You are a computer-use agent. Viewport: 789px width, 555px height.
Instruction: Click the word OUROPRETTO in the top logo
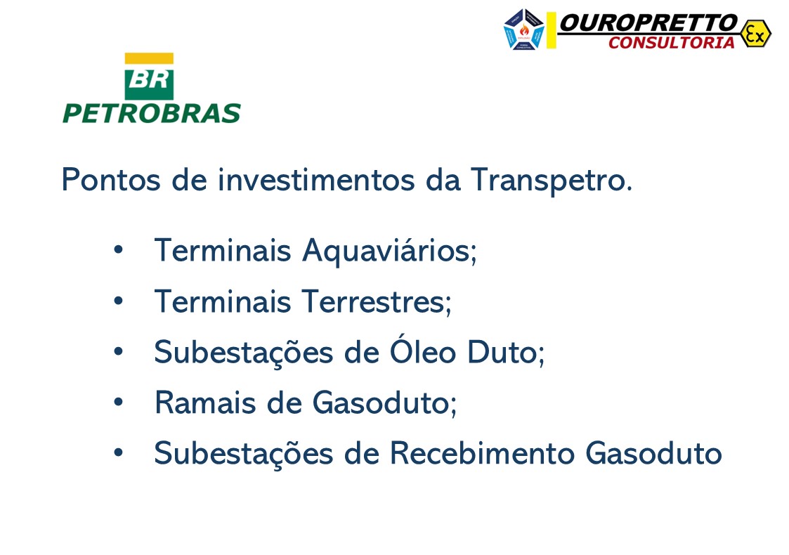[x=648, y=23]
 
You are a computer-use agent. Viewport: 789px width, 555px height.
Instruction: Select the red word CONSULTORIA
[x=671, y=43]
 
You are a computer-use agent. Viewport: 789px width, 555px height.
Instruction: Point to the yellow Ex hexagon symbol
[x=755, y=33]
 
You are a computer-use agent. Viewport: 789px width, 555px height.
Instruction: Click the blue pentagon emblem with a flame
[x=524, y=30]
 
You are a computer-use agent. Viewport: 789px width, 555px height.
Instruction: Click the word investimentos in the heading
[x=316, y=180]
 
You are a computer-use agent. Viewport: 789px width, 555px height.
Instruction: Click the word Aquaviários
[x=389, y=250]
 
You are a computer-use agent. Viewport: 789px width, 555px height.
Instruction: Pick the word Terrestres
[x=376, y=301]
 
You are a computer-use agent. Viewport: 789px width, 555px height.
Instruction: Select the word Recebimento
[x=482, y=453]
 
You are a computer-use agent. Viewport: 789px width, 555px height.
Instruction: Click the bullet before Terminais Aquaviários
[x=118, y=250]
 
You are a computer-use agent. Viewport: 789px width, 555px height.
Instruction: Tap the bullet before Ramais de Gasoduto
[x=118, y=403]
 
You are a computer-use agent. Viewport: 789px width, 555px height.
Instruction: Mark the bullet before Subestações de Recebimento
[x=118, y=453]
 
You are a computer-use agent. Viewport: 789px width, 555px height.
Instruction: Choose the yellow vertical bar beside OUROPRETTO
[x=552, y=30]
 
